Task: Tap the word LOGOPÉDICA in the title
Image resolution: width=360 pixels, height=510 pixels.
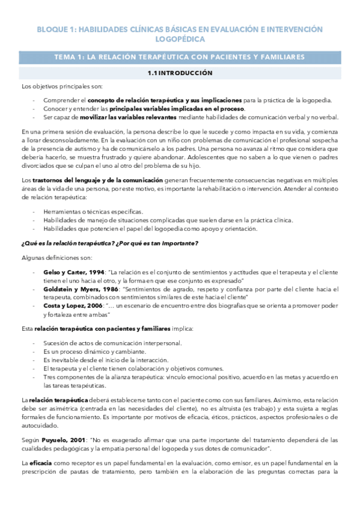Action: click(180, 39)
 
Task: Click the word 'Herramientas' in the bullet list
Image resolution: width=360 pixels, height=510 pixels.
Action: click(62, 212)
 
